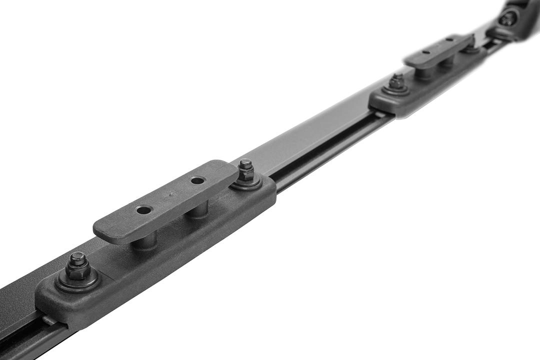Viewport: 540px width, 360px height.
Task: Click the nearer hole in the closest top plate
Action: [144, 209]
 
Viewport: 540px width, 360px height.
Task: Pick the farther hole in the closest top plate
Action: [198, 180]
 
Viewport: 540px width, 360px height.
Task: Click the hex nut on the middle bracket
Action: [397, 81]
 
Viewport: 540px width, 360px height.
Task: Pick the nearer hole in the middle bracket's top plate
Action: [425, 52]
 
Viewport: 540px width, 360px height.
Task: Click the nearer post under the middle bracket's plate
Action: [425, 72]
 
